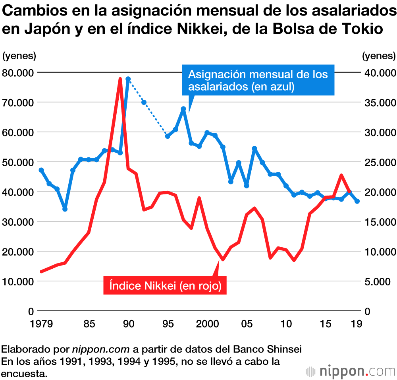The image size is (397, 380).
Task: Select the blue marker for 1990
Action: tap(128, 79)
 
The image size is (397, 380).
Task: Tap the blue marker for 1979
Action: tap(41, 170)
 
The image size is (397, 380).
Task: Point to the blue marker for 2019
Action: tap(357, 202)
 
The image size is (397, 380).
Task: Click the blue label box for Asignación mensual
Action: tap(258, 80)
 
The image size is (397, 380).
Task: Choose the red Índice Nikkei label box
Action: tap(165, 285)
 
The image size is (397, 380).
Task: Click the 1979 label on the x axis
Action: tap(41, 324)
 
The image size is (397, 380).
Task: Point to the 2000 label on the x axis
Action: tap(207, 324)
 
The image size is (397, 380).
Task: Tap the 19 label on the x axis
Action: tap(357, 324)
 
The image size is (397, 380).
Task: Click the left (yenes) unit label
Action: tap(19, 56)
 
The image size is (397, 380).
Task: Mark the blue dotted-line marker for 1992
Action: tap(144, 103)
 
